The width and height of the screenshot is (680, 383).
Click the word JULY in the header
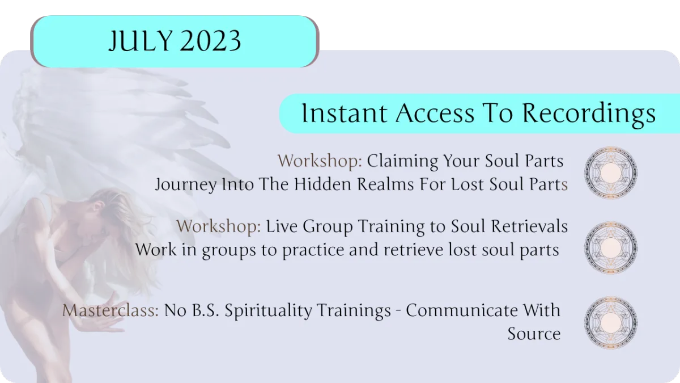pyautogui.click(x=141, y=41)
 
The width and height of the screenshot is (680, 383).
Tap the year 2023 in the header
pyautogui.click(x=211, y=41)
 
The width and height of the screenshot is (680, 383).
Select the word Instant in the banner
pyautogui.click(x=345, y=113)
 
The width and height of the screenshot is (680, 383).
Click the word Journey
pyautogui.click(x=186, y=185)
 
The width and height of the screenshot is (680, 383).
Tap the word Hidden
pyautogui.click(x=322, y=184)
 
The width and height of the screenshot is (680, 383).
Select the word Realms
pyautogui.click(x=385, y=184)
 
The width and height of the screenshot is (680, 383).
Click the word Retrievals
pyautogui.click(x=529, y=226)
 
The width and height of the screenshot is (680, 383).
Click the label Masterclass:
pyautogui.click(x=110, y=310)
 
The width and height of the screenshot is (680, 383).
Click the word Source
pyautogui.click(x=534, y=334)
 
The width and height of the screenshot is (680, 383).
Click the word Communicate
pyautogui.click(x=462, y=310)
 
